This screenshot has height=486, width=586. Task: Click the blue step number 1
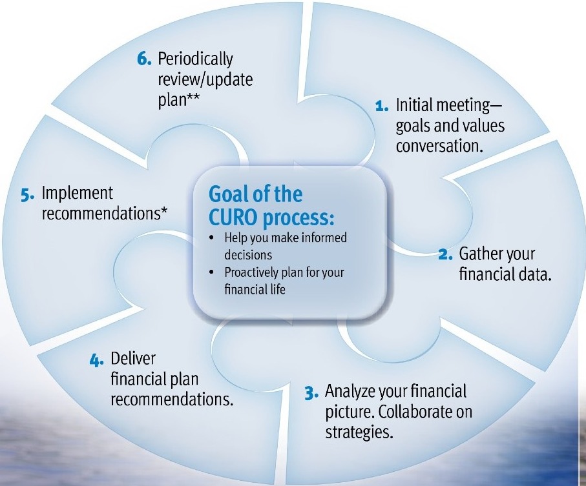tap(382, 106)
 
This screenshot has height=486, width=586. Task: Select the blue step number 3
tap(311, 393)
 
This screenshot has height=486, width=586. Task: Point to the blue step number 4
tap(97, 361)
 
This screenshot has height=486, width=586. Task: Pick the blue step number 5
tap(28, 195)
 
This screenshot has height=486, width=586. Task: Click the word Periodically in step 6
tap(196, 59)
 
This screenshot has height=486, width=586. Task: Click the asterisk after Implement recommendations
tap(164, 210)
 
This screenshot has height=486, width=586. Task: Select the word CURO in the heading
tap(234, 218)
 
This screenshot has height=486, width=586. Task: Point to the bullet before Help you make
tap(212, 238)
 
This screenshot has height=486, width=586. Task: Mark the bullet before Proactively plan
tap(212, 272)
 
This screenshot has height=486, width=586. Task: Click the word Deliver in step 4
tap(133, 359)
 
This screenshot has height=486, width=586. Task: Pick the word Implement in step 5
tap(78, 194)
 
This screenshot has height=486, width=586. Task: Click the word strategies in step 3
tap(359, 432)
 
